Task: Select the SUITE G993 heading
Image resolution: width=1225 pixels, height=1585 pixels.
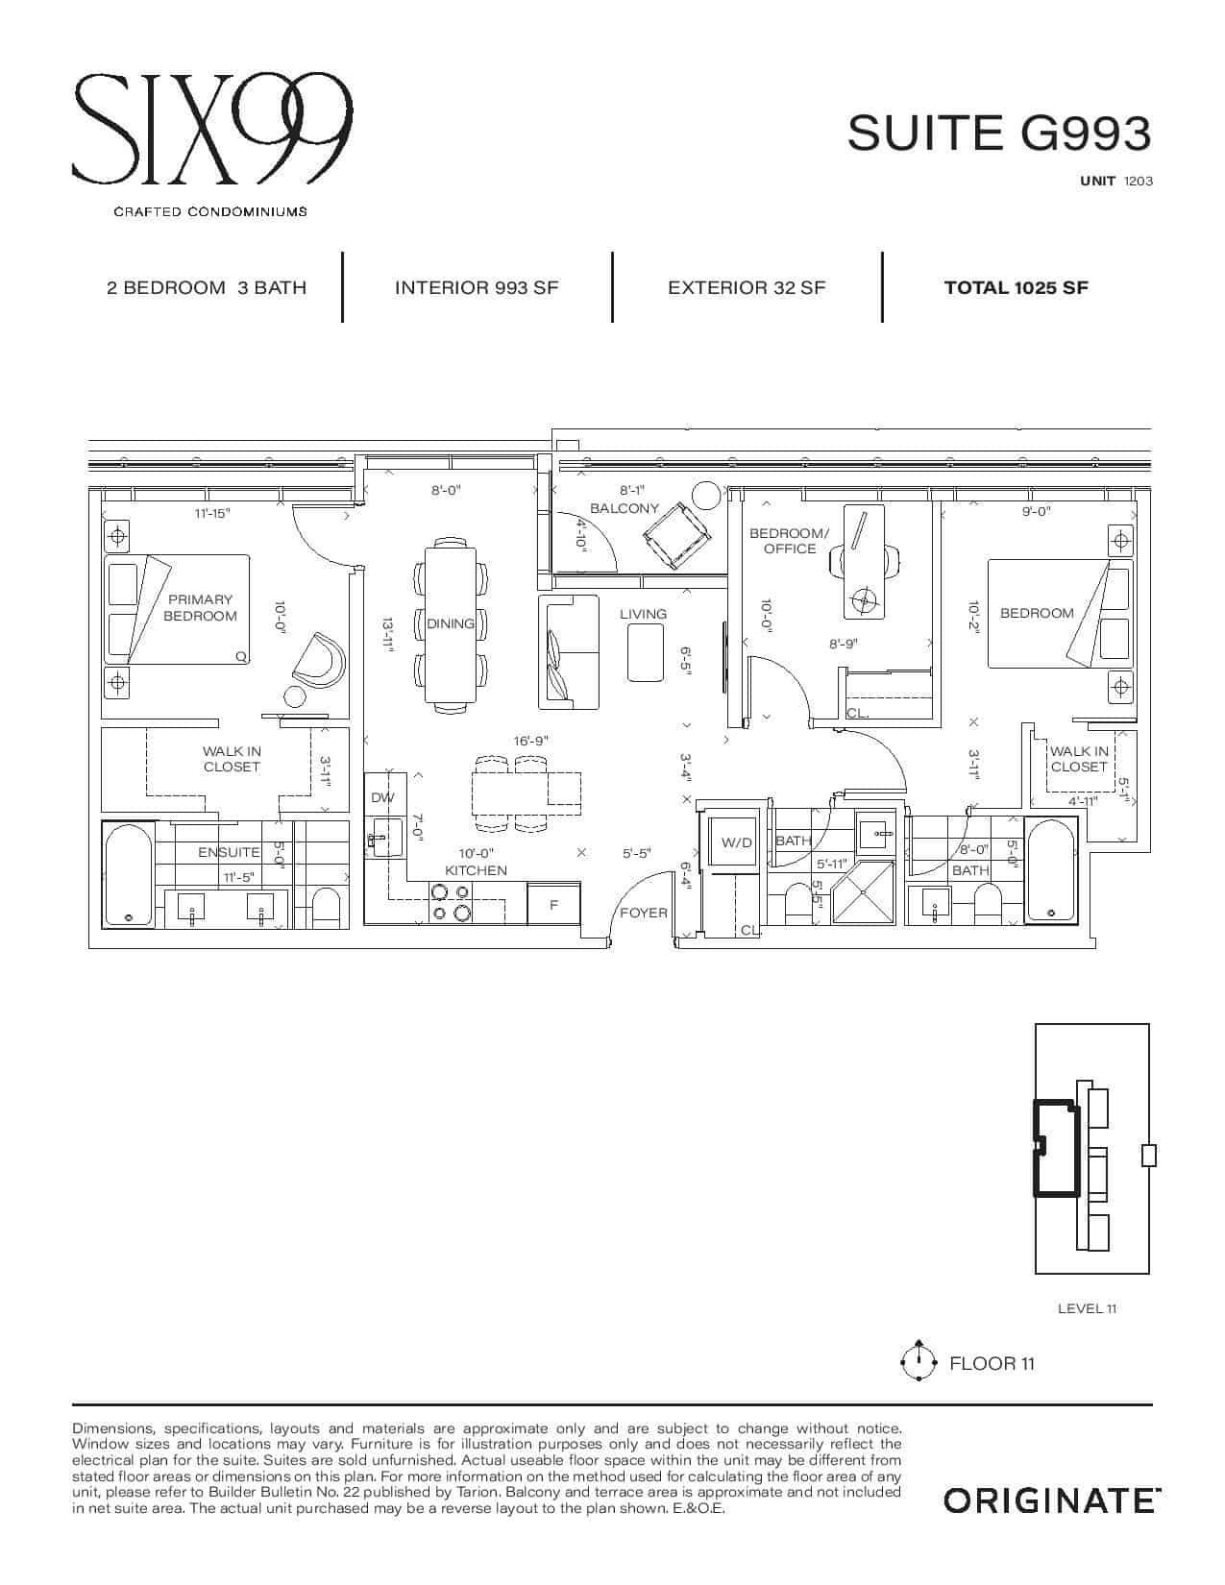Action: (999, 134)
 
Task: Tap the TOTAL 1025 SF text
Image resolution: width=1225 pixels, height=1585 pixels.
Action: (1016, 287)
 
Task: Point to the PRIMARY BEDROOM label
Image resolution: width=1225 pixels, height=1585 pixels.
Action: (200, 608)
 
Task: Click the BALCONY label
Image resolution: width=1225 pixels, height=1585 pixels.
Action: (625, 508)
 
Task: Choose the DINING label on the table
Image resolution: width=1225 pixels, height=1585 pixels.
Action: (451, 623)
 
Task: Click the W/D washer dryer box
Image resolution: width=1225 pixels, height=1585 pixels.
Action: (736, 841)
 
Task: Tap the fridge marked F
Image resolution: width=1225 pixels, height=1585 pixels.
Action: (553, 905)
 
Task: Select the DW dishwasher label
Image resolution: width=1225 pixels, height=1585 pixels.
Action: (381, 797)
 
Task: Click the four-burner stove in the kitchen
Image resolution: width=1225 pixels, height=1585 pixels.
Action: (452, 903)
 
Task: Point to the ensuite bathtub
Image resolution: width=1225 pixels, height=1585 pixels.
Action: (129, 875)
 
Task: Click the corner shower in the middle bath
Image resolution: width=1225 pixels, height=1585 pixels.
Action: (863, 892)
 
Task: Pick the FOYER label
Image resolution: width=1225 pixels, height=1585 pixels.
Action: (644, 913)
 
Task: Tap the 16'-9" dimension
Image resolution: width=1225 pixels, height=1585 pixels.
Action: (530, 741)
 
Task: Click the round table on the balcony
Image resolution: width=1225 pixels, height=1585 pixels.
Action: (705, 496)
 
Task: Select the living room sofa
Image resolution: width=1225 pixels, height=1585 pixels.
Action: (569, 652)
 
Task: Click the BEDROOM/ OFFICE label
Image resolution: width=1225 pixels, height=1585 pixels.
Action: (790, 541)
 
